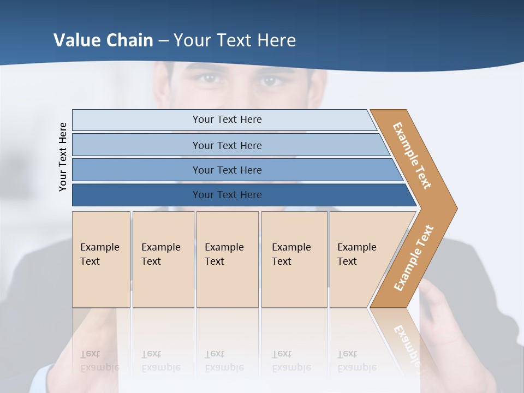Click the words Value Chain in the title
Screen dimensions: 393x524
[103, 40]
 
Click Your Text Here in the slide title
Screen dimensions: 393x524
[235, 40]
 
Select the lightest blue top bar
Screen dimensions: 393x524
[227, 120]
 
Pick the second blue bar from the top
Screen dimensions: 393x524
[227, 145]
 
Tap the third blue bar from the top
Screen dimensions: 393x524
[227, 170]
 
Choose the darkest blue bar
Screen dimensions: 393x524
[227, 195]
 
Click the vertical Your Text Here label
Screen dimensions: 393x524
[63, 157]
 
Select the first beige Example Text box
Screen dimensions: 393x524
[101, 259]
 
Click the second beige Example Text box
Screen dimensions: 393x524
[163, 259]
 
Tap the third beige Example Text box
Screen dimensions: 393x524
[227, 259]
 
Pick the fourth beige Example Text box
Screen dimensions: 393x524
[294, 259]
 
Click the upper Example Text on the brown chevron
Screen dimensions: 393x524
[412, 156]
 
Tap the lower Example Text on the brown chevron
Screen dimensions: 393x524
[414, 258]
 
